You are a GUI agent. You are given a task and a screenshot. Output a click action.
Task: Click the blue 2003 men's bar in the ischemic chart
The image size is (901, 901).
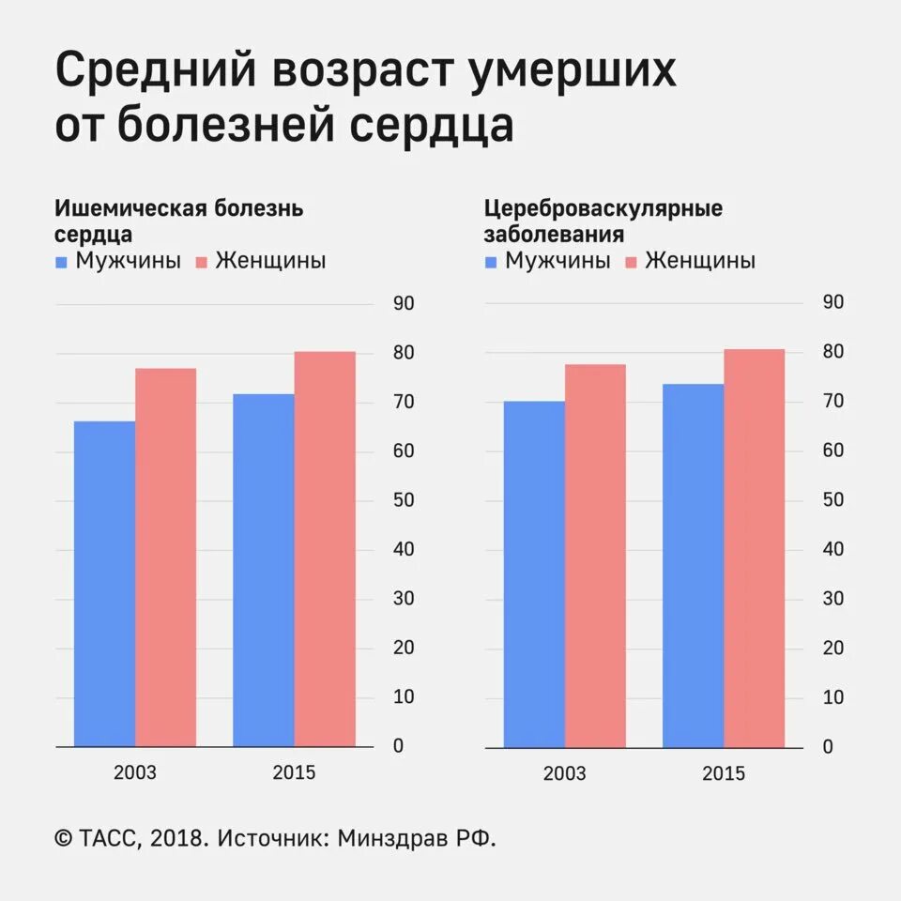pos(104,584)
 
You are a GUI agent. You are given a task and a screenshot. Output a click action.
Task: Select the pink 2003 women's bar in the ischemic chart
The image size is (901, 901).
pos(165,557)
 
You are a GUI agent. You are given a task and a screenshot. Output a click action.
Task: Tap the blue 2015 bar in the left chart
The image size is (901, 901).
pos(263,571)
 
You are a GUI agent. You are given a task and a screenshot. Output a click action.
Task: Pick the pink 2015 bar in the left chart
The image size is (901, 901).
pos(325,549)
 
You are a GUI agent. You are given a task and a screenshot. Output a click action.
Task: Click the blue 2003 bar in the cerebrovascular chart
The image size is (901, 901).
pos(533,573)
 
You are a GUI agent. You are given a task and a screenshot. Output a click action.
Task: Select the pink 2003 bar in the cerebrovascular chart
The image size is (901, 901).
pos(595,556)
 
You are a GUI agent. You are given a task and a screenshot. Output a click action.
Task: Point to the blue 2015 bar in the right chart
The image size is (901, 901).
pos(693,565)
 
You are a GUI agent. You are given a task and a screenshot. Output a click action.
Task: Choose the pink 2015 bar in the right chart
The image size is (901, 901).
pos(754,548)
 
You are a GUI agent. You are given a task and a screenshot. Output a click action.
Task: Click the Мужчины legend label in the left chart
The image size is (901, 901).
pos(129,261)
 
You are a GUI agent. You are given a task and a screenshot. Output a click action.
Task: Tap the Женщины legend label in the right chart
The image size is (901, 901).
pos(700,261)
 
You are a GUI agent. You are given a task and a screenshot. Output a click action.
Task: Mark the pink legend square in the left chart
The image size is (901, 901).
pos(201,262)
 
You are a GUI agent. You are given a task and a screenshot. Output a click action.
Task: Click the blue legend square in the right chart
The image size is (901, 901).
pos(492,262)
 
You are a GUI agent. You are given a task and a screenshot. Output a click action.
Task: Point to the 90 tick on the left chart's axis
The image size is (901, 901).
pos(404,303)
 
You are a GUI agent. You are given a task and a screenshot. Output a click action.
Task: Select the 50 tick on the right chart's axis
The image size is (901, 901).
pos(832,500)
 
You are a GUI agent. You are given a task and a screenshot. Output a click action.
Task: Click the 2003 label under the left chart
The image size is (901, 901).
pos(135,773)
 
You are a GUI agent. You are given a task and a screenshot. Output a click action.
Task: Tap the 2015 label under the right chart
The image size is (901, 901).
pos(723,773)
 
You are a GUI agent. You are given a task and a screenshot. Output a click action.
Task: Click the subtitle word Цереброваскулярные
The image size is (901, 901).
pos(603,208)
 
